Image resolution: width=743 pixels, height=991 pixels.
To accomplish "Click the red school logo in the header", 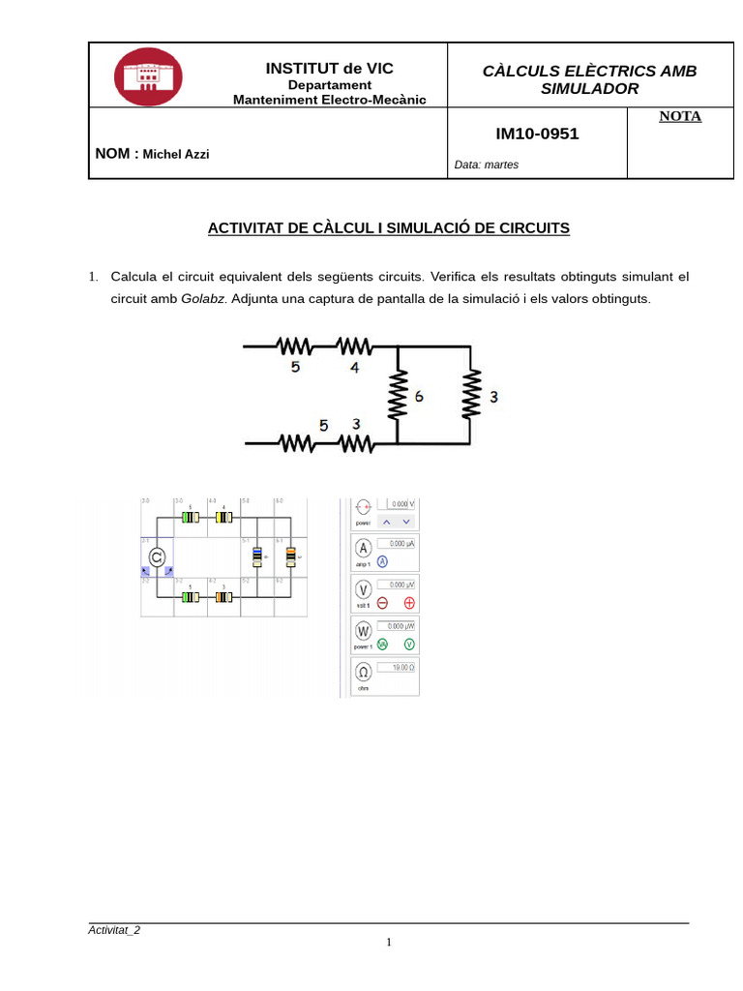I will coord(147,75).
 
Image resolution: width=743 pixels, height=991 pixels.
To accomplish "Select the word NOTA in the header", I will coord(680,116).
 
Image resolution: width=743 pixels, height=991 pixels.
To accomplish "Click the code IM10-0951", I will coord(537,134).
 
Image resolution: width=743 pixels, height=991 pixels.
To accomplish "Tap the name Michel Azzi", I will coord(176,154).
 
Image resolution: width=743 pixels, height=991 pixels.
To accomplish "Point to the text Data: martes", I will coord(487,165).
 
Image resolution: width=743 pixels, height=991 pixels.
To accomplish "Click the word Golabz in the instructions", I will coord(203,298).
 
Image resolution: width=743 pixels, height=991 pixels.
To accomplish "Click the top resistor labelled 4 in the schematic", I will coord(355,346).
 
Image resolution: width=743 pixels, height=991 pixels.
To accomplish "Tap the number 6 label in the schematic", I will coord(418,397).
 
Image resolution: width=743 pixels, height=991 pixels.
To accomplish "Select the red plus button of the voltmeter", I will coord(409,602).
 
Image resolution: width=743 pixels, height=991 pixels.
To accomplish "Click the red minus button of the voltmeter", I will coord(382,602).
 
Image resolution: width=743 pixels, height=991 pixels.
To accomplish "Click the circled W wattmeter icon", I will coord(364,629).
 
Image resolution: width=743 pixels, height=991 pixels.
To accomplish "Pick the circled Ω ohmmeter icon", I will coord(364,672).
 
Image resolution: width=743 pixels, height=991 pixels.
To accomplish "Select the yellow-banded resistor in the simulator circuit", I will coord(223,517).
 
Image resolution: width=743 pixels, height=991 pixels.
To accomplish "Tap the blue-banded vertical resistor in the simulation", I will coord(256,556).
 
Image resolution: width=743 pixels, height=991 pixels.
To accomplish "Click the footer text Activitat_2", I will coord(114,930).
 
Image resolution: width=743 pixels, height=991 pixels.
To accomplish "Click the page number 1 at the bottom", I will coord(388,943).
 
